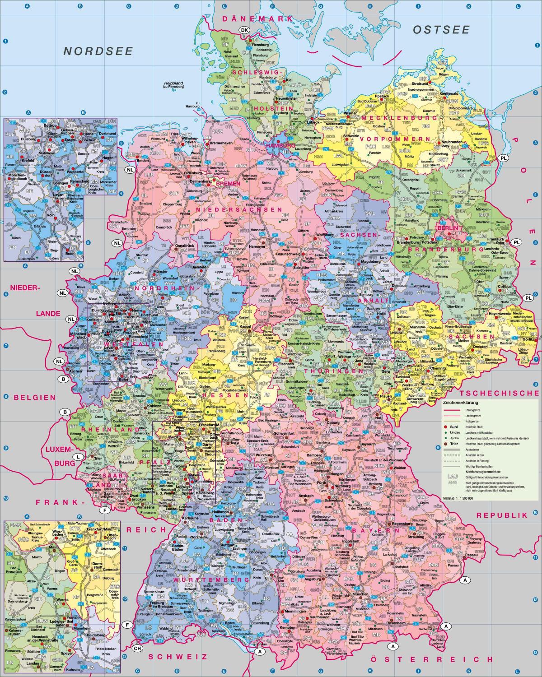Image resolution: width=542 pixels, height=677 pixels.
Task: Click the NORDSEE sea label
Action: click(98, 51)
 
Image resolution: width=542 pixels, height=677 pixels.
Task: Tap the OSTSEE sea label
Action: click(441, 30)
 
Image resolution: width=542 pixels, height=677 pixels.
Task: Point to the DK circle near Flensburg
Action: click(245, 30)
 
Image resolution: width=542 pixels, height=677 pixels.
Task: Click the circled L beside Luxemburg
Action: click(78, 457)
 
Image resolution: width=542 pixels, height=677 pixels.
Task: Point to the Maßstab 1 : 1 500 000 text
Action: click(458, 498)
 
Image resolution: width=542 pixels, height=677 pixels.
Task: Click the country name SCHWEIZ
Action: click(179, 657)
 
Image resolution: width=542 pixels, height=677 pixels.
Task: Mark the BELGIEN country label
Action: click(35, 398)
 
